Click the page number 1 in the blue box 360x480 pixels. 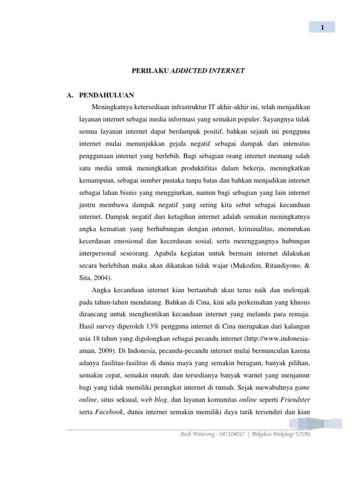tap(322, 27)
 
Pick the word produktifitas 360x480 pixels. tap(206, 168)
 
